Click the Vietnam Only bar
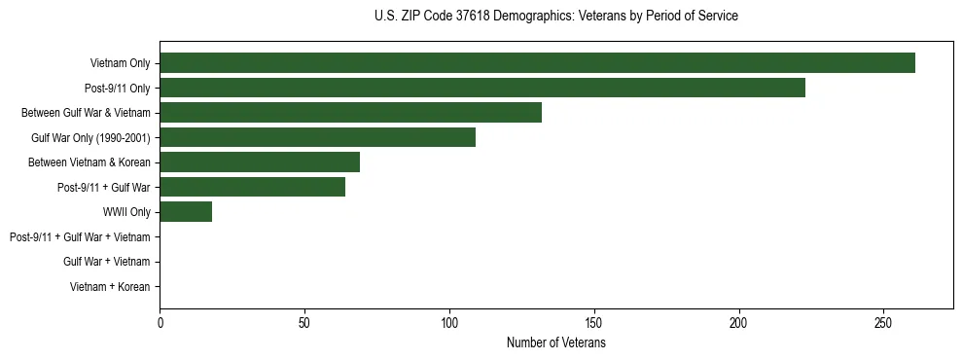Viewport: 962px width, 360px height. coord(537,63)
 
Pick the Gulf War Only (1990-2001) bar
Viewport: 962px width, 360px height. coord(317,137)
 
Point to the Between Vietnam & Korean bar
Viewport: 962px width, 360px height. coord(260,162)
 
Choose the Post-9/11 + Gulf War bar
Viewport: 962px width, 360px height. coord(252,187)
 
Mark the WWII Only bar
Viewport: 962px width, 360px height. coord(186,212)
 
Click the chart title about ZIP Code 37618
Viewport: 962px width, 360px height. coord(555,17)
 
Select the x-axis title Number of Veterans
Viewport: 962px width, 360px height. coord(555,343)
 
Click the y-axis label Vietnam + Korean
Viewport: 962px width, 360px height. coord(110,287)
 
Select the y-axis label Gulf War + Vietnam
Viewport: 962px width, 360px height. coord(106,262)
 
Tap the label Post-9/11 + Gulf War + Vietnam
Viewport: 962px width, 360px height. coord(80,237)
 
